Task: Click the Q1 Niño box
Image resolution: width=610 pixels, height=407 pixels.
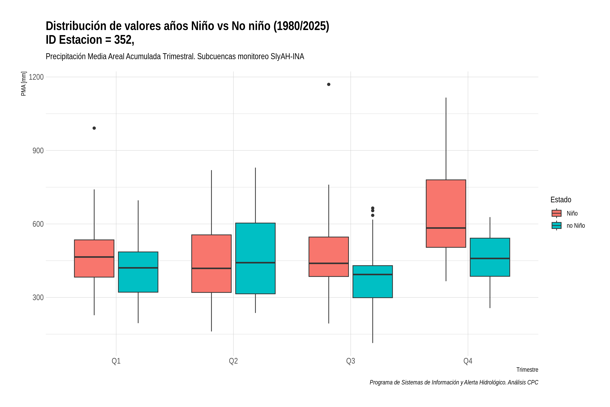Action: (x=94, y=258)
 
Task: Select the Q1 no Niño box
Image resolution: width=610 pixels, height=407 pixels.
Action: (x=138, y=272)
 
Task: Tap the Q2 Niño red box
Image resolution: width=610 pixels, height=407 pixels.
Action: (x=211, y=264)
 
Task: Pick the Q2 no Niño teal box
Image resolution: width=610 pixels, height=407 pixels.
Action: (x=256, y=258)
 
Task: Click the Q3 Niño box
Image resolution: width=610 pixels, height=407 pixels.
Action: (x=329, y=257)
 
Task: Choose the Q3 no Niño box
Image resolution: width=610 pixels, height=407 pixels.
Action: (x=373, y=282)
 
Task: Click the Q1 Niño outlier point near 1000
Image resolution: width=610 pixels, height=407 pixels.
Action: (x=94, y=128)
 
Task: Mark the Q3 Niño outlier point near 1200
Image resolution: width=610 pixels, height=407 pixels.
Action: (x=329, y=84)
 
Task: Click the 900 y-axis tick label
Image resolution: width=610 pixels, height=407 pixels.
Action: (x=38, y=151)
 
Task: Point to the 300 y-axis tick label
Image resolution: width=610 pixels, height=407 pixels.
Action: (x=38, y=297)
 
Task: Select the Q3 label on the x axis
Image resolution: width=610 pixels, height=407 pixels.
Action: (x=351, y=361)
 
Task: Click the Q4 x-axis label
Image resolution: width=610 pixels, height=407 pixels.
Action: (x=468, y=361)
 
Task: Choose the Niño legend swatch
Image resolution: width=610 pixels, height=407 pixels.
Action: (x=557, y=213)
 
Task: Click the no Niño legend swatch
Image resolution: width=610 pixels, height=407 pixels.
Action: (x=557, y=226)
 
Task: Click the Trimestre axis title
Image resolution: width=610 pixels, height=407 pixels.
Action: (x=527, y=370)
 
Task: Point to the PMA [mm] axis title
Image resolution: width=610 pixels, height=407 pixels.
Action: (x=24, y=84)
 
